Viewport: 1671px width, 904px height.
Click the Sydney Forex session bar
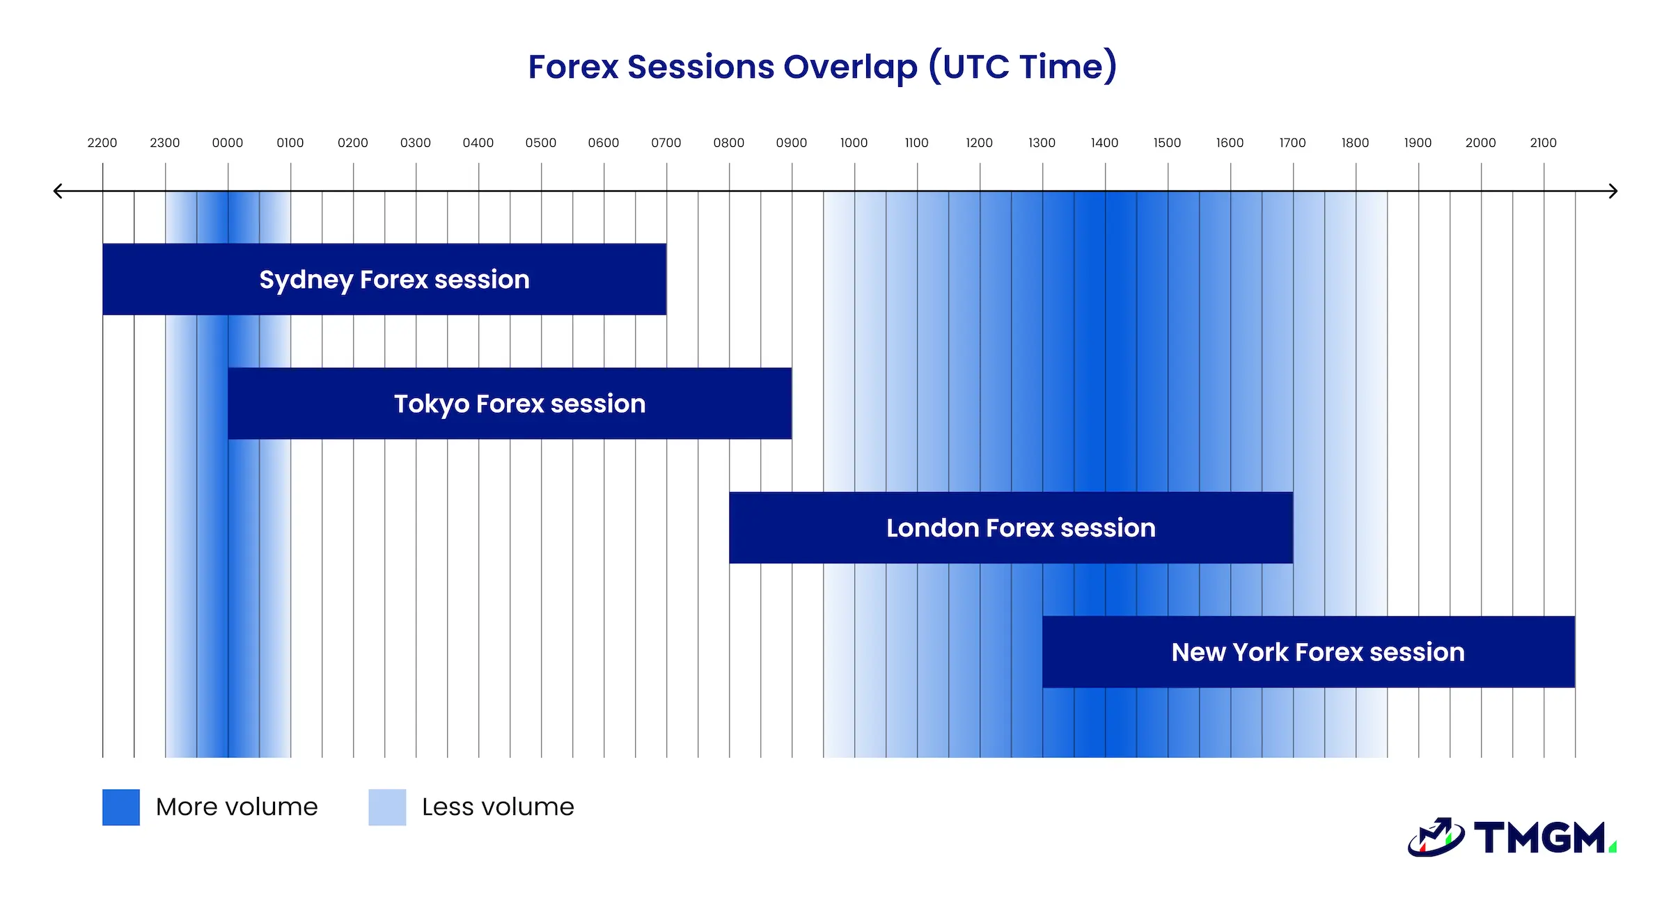pyautogui.click(x=384, y=279)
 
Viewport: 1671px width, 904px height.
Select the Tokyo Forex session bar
pyautogui.click(x=510, y=404)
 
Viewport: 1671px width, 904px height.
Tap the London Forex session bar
pyautogui.click(x=1011, y=528)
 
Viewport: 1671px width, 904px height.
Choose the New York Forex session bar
pyautogui.click(x=1309, y=652)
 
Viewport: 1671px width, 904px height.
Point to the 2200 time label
pyautogui.click(x=102, y=143)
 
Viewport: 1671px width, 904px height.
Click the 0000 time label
pyautogui.click(x=228, y=143)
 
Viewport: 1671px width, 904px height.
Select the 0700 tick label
pyautogui.click(x=666, y=143)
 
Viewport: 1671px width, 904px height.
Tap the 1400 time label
pyautogui.click(x=1104, y=143)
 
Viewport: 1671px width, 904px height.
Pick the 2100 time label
pyautogui.click(x=1543, y=143)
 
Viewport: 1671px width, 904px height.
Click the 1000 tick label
pyautogui.click(x=854, y=143)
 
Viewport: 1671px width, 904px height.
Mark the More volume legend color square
pyautogui.click(x=121, y=807)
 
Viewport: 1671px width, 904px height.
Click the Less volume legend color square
pyautogui.click(x=387, y=807)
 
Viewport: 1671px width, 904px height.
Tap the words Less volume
pyautogui.click(x=498, y=807)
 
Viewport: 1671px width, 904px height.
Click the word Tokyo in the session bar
pyautogui.click(x=432, y=404)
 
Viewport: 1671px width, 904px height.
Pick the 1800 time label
pyautogui.click(x=1355, y=143)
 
